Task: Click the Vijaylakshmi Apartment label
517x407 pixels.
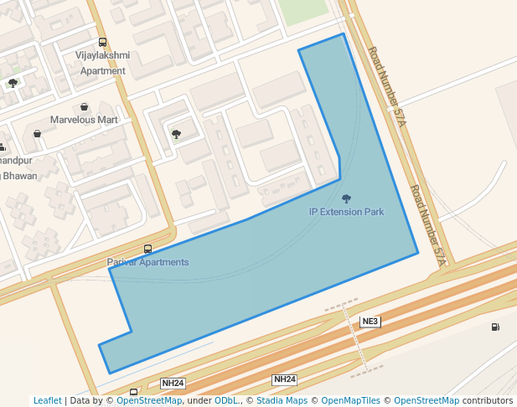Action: tap(102, 63)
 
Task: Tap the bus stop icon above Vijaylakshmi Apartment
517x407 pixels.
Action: tap(102, 42)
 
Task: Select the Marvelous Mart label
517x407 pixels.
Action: tap(84, 120)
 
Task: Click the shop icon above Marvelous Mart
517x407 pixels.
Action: tap(85, 107)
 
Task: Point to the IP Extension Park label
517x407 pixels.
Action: tap(346, 212)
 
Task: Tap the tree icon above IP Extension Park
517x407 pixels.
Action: tap(346, 198)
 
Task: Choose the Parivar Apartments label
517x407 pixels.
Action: tap(147, 262)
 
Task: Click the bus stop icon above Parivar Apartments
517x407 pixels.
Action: tap(148, 249)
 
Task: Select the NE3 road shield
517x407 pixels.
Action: tap(370, 322)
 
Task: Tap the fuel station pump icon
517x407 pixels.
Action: tap(495, 327)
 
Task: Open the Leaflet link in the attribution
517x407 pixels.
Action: tap(47, 401)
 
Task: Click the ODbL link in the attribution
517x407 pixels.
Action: tap(226, 401)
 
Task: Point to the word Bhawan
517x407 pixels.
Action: tap(17, 176)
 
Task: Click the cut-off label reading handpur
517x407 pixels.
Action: tap(16, 160)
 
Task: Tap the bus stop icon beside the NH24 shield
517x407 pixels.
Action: tap(134, 391)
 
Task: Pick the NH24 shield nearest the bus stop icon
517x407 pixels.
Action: tap(173, 384)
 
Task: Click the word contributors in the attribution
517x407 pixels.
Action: tap(488, 401)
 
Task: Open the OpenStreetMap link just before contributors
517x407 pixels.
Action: tap(427, 401)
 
